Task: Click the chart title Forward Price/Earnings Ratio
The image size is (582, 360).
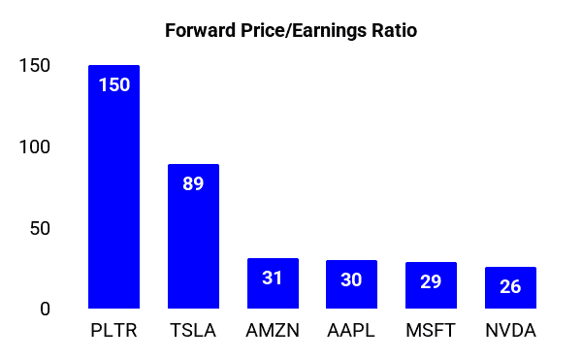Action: pos(291,30)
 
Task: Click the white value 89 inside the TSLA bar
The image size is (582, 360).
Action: pos(193,183)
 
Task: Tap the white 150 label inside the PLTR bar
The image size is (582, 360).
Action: pos(113,84)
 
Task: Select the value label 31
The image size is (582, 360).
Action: pos(273,278)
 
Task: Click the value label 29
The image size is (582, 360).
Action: pos(431,281)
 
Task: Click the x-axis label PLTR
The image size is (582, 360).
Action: pos(113,332)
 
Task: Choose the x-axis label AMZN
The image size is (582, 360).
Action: pos(273,332)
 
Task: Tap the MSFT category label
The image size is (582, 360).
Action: pos(431,332)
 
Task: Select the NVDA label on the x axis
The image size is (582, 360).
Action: pos(510,332)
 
